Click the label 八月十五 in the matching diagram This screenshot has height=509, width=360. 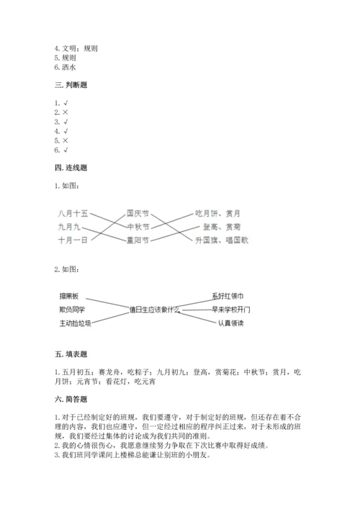[73, 214]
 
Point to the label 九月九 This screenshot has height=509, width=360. [71, 227]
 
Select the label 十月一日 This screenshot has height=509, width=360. [73, 240]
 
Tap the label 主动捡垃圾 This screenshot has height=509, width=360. [76, 323]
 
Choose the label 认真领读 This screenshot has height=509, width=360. [231, 323]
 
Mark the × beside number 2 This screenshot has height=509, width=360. [65, 113]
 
